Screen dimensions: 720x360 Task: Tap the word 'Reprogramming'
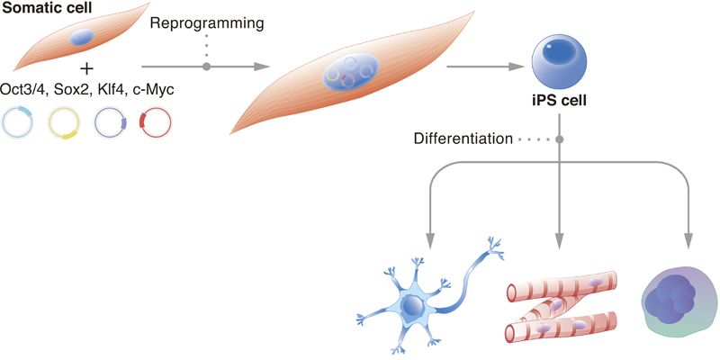(207, 24)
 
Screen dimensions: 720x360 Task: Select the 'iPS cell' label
(558, 101)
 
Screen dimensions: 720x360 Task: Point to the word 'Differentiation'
(463, 139)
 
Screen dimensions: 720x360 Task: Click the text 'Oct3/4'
(23, 89)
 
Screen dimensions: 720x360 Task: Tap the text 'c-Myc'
(153, 89)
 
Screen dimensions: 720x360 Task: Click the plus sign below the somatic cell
(86, 69)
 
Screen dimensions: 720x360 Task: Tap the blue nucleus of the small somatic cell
(82, 36)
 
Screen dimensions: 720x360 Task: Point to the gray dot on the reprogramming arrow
(207, 67)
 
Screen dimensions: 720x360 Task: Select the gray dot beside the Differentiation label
(559, 139)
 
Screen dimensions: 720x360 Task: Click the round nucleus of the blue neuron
(412, 305)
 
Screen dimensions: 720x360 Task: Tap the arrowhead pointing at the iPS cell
(518, 67)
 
